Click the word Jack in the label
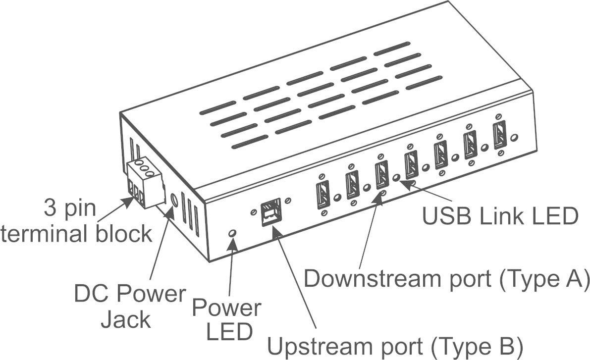[x=125, y=319]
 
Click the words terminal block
[x=75, y=233]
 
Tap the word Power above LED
[x=226, y=308]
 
